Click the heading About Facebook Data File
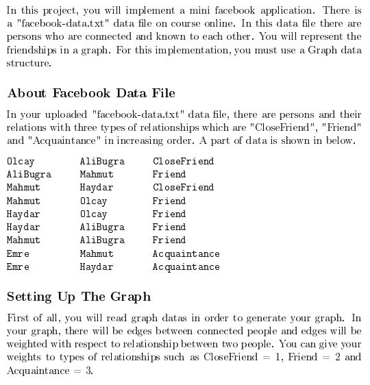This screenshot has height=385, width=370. pos(90,93)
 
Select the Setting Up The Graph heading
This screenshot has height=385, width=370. pos(78,297)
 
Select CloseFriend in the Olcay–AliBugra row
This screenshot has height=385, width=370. pos(183,161)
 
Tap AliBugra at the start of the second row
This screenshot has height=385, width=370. pos(29,174)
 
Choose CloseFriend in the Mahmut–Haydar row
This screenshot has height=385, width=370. pos(183,187)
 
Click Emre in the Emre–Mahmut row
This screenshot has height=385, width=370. pos(18,253)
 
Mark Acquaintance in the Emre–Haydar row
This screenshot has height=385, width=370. pos(186,266)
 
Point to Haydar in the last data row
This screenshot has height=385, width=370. pos(97,266)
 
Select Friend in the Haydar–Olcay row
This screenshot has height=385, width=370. pos(169,214)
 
